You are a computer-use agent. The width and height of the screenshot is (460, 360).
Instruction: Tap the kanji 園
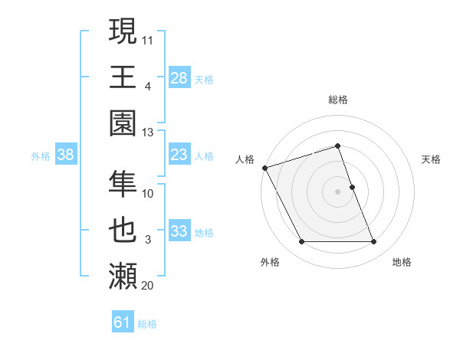(x=123, y=123)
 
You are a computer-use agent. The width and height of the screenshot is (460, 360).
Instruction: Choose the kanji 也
(x=123, y=229)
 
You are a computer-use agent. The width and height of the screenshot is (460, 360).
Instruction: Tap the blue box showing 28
(x=179, y=77)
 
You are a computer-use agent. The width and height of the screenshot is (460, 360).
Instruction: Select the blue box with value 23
(x=179, y=155)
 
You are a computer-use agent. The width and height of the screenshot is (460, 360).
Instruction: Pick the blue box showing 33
(x=179, y=232)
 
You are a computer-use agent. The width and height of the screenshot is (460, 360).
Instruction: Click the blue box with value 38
(x=66, y=155)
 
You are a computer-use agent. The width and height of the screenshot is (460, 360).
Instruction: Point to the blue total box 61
(x=123, y=322)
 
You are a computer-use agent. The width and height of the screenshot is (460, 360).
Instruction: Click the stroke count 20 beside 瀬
(x=148, y=286)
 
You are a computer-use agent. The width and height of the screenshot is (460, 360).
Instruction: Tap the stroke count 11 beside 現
(x=148, y=38)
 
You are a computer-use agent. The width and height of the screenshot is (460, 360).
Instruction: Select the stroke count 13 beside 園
(x=148, y=133)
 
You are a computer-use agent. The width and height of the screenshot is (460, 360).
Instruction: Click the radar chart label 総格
(x=337, y=100)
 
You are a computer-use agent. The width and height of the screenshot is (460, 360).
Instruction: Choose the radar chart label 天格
(x=432, y=159)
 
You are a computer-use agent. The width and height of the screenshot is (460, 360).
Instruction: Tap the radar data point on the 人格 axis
(x=264, y=168)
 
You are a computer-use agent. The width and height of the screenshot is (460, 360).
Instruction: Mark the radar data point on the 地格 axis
(x=374, y=242)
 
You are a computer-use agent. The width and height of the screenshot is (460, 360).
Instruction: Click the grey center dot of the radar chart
(x=337, y=191)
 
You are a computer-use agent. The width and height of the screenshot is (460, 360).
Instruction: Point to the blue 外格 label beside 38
(x=41, y=155)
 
